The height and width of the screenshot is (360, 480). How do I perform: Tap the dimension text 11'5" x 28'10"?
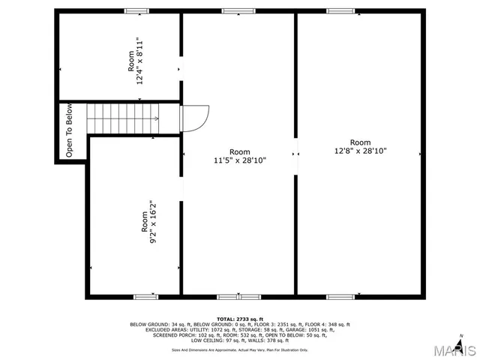239,160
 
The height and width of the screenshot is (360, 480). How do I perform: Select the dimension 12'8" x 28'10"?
360,151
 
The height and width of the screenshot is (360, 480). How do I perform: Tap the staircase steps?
122,118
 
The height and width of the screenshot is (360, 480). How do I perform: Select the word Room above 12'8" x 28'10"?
360,142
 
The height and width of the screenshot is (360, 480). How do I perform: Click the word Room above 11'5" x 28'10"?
239,151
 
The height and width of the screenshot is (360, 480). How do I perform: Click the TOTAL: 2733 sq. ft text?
239,319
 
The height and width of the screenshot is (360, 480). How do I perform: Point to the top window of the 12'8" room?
340,10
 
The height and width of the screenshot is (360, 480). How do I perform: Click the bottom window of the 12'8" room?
340,296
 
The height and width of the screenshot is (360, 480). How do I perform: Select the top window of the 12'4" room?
136,10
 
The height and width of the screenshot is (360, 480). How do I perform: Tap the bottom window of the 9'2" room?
145,296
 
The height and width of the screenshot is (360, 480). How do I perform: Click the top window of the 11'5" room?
233,10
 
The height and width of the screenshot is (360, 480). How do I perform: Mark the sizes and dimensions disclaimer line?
239,349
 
